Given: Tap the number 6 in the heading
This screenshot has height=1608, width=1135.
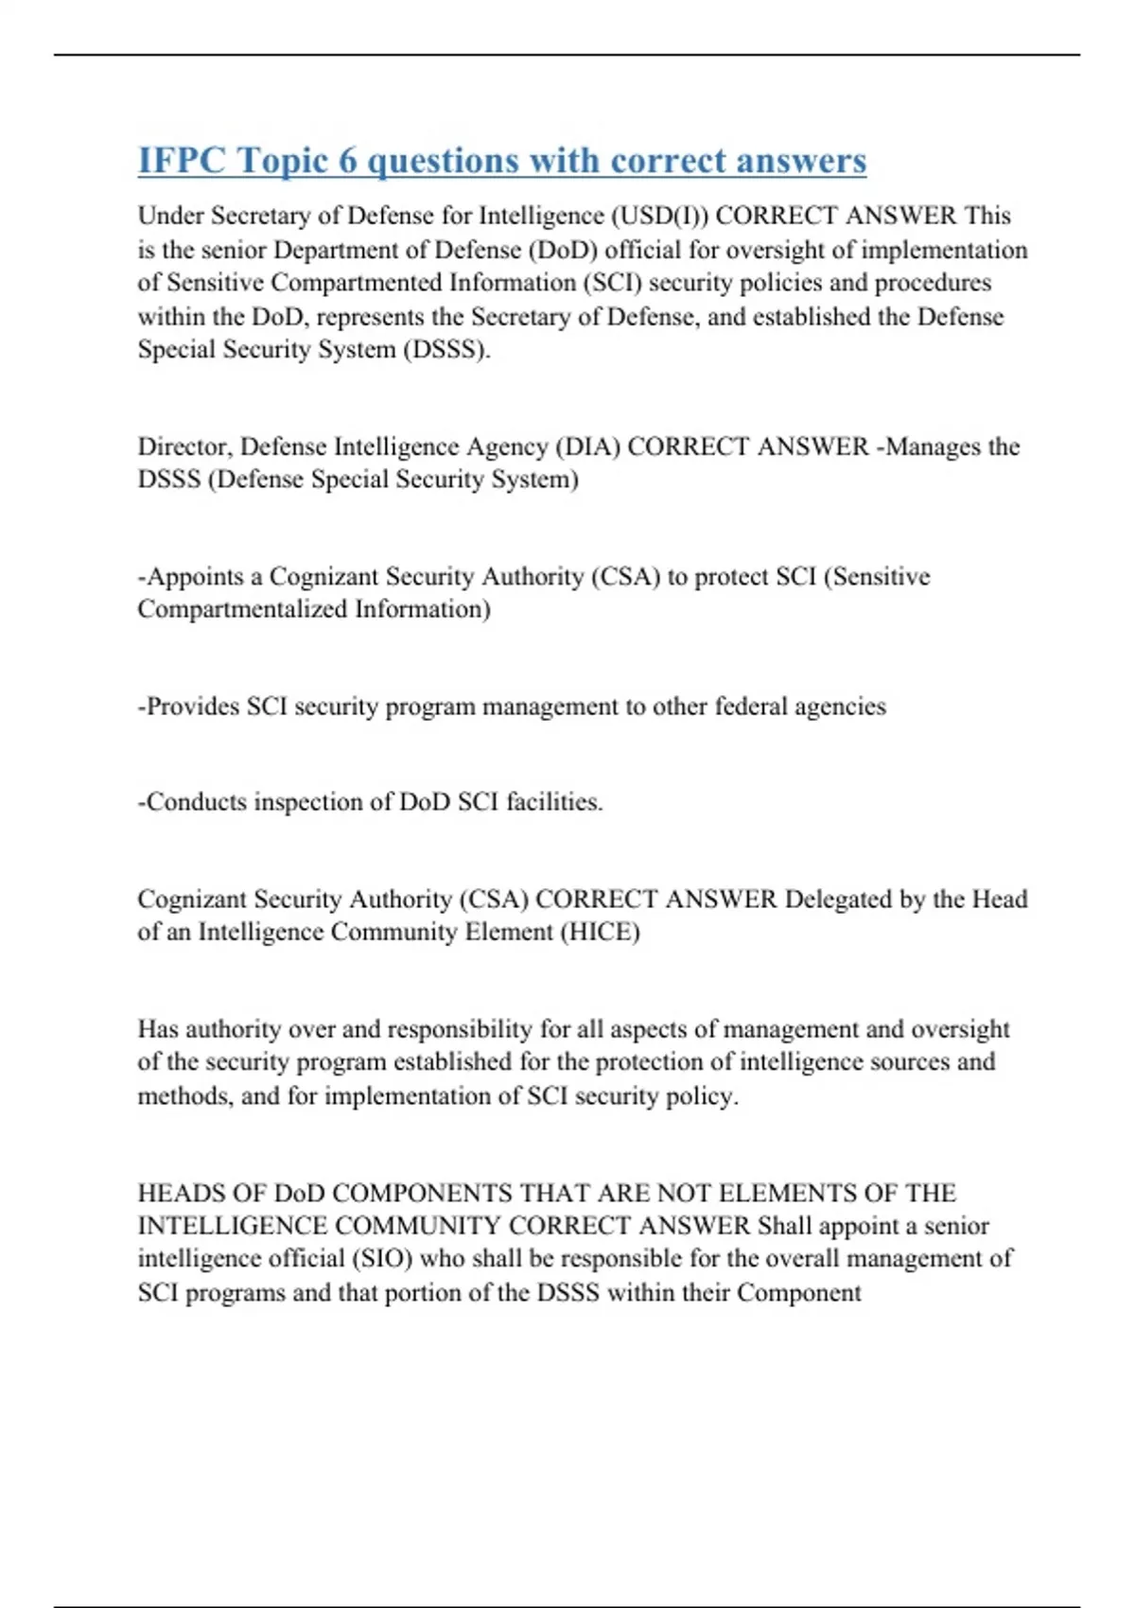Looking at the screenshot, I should (348, 161).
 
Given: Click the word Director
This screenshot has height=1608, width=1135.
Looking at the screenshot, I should (184, 446).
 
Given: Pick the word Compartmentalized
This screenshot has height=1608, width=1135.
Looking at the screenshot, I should (242, 609).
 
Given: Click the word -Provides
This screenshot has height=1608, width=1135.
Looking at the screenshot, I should (188, 707).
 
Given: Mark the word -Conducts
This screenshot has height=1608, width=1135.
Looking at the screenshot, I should (192, 802).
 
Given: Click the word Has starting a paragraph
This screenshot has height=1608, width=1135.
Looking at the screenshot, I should (158, 1029).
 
